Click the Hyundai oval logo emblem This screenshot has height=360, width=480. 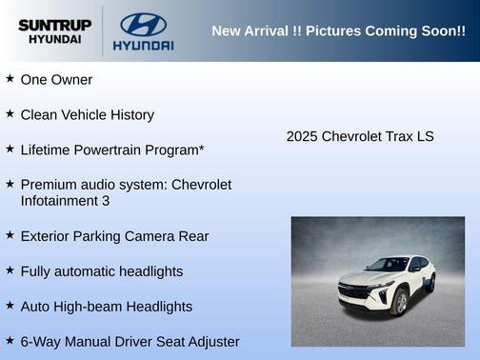[x=143, y=24]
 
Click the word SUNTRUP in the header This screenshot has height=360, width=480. [x=54, y=24]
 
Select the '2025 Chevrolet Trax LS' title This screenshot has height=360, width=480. [x=360, y=136]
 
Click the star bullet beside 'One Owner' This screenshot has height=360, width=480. [x=10, y=78]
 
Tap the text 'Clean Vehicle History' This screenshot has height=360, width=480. [x=87, y=114]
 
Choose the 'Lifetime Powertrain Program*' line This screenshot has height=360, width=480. [x=112, y=150]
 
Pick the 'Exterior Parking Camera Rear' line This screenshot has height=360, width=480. [x=114, y=236]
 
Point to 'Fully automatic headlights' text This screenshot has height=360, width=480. [x=101, y=271]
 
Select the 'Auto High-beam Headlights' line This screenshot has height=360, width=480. [x=106, y=307]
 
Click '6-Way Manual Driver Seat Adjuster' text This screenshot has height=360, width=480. [x=130, y=341]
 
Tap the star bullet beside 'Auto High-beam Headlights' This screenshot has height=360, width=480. [x=10, y=305]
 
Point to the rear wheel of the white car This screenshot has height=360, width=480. [x=430, y=284]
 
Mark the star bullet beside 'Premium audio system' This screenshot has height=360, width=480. [x=10, y=183]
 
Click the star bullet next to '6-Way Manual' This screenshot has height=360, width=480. [x=10, y=340]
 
